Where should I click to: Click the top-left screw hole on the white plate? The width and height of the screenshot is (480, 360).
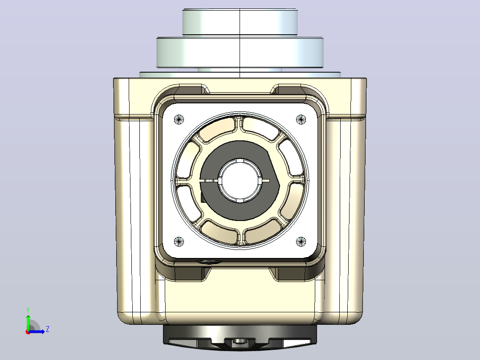(179, 119)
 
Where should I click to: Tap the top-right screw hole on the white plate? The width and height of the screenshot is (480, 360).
(301, 119)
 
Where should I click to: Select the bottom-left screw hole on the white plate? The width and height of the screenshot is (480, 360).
(179, 242)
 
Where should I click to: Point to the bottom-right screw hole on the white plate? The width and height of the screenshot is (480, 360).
(301, 242)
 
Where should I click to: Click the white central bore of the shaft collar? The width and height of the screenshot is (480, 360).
(240, 180)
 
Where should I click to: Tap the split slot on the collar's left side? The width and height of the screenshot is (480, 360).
(209, 180)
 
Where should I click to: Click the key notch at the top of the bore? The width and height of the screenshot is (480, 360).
(240, 160)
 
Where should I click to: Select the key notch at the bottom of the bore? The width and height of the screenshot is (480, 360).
(240, 200)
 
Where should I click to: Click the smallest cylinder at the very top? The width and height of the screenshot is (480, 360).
(240, 22)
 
